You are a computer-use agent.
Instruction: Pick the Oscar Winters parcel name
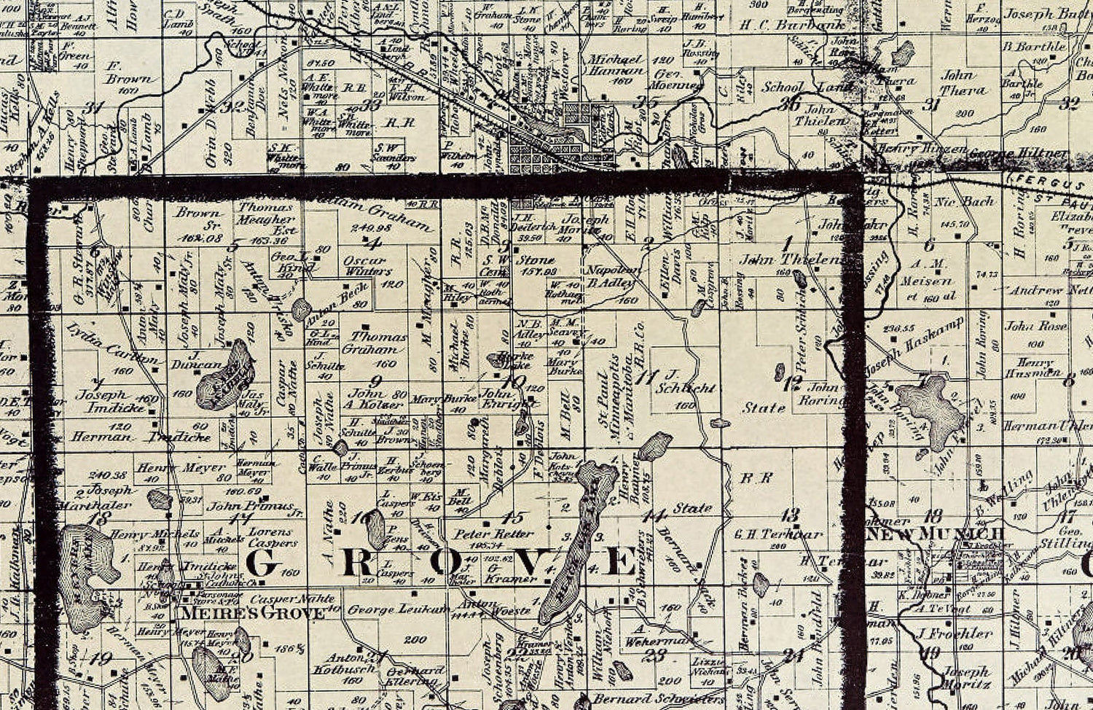pos(366,266)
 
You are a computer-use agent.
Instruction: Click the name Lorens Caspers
pos(273,537)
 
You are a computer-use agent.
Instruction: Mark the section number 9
pos(375,381)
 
